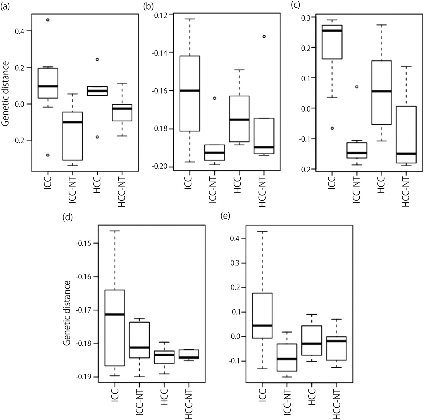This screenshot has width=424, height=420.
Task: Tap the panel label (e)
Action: pyautogui.click(x=225, y=216)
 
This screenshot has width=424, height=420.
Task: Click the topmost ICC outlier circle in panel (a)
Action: pyautogui.click(x=48, y=20)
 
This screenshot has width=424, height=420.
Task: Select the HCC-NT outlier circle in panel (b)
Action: pyautogui.click(x=264, y=36)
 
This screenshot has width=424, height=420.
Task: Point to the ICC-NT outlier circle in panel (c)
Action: pyautogui.click(x=357, y=87)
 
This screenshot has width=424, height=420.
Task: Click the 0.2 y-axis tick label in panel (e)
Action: pyautogui.click(x=236, y=288)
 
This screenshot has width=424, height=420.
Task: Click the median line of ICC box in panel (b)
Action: pyautogui.click(x=190, y=90)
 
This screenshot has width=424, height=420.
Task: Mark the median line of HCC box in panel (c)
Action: pyautogui.click(x=381, y=91)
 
